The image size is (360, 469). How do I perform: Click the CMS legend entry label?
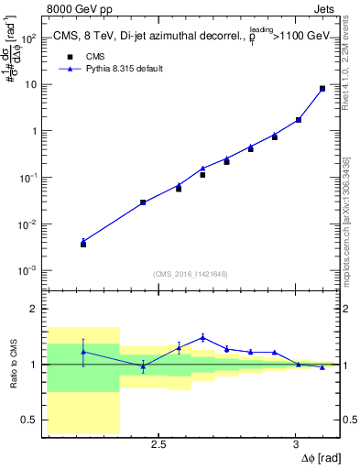(x=95, y=56)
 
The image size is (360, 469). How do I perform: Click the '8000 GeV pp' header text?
(x=82, y=9)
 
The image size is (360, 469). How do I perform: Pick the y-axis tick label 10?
(x=33, y=84)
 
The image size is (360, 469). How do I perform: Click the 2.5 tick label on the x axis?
(x=158, y=444)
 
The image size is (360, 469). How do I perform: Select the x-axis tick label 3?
(x=295, y=444)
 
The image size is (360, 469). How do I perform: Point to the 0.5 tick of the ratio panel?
(x=30, y=420)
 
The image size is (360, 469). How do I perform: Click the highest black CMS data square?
(x=322, y=89)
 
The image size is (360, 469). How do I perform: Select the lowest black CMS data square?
(x=83, y=245)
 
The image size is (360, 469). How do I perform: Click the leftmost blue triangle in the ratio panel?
(x=83, y=352)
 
